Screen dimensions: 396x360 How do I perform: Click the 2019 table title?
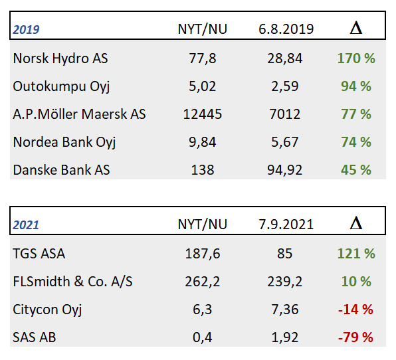26,29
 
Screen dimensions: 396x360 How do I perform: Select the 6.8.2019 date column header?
286,29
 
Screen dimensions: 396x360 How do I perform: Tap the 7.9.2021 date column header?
286,225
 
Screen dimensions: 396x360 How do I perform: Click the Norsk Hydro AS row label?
60,58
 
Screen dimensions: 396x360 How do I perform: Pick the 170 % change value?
356,58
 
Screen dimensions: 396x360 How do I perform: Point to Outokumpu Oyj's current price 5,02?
202,86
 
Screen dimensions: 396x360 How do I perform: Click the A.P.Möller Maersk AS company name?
79,114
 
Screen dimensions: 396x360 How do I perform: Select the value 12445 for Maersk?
202,114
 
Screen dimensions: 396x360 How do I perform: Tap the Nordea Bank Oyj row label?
64,142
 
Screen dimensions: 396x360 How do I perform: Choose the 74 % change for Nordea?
356,142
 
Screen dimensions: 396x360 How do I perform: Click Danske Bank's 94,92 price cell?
284,170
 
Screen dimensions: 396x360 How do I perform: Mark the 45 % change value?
356,170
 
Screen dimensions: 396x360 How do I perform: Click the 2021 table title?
26,225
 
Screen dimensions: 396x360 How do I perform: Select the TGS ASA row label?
39,254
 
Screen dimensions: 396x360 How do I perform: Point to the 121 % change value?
356,254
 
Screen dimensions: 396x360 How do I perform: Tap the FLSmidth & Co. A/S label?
72,282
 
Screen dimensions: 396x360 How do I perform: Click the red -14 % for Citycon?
355,310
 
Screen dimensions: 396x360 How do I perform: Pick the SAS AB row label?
34,337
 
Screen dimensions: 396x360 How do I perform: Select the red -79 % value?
355,337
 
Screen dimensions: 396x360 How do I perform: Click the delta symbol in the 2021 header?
356,223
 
